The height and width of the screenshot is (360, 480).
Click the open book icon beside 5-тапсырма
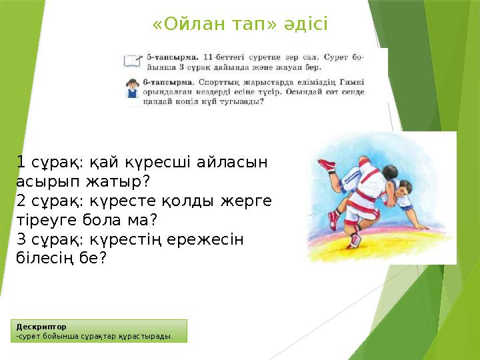pos(133,61)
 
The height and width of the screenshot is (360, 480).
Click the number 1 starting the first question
pos(21,162)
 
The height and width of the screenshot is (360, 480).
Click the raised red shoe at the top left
pos(327,164)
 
